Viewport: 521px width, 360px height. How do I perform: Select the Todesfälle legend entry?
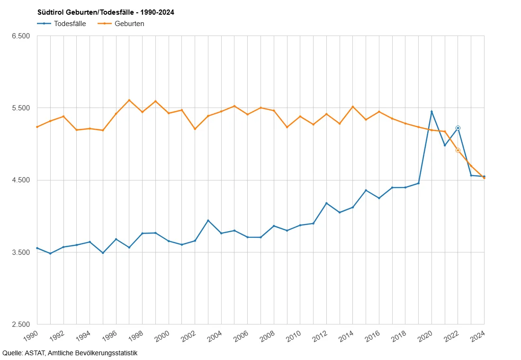click(x=62, y=24)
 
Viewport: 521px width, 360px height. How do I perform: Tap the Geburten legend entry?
click(x=121, y=24)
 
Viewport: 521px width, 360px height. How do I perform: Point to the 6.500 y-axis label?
click(x=21, y=36)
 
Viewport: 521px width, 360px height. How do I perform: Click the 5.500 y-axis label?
click(x=21, y=108)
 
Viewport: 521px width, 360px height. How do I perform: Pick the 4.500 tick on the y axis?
click(x=21, y=180)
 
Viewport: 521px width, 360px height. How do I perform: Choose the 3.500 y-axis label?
click(x=21, y=252)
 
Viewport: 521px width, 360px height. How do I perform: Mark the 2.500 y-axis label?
click(x=21, y=324)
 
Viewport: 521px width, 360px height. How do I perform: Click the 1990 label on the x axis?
click(x=31, y=336)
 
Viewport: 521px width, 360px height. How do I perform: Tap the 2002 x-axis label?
click(x=189, y=336)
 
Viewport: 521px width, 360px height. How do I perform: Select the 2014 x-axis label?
click(x=347, y=336)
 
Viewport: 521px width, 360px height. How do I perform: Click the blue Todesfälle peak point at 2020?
click(x=431, y=112)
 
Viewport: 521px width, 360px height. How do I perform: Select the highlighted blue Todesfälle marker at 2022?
click(x=458, y=128)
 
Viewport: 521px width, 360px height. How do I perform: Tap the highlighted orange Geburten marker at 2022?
click(x=458, y=150)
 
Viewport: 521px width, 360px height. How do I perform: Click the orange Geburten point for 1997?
click(x=129, y=100)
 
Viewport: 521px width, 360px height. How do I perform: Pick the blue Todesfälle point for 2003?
click(x=208, y=220)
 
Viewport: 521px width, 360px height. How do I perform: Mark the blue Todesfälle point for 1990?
click(x=37, y=248)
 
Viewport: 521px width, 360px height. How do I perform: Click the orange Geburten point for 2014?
click(x=353, y=107)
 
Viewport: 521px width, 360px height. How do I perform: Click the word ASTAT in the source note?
click(x=35, y=353)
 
